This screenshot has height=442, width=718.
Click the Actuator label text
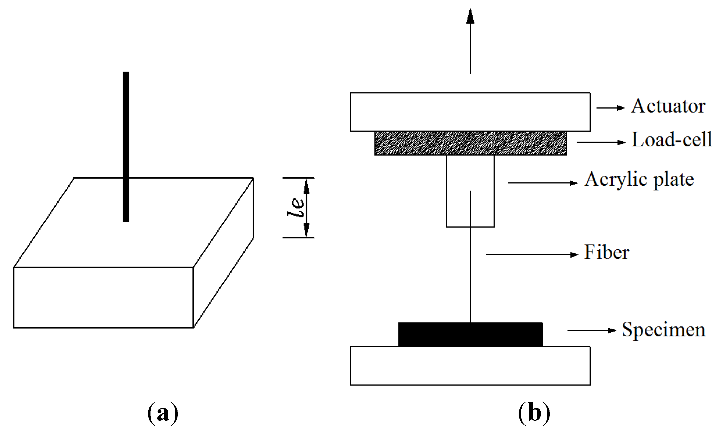pyautogui.click(x=668, y=106)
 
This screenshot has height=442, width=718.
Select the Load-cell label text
pyautogui.click(x=672, y=139)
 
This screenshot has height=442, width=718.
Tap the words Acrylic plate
pyautogui.click(x=639, y=180)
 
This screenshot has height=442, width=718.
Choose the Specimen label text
pyautogui.click(x=663, y=330)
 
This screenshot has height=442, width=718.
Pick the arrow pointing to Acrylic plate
pyautogui.click(x=543, y=183)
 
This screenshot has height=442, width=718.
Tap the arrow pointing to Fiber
pyautogui.click(x=532, y=254)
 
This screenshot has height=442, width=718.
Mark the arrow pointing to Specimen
pyautogui.click(x=592, y=331)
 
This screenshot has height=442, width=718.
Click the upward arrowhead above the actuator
pyautogui.click(x=470, y=16)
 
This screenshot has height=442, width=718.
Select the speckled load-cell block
pyautogui.click(x=471, y=143)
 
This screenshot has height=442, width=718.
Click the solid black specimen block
pyautogui.click(x=471, y=335)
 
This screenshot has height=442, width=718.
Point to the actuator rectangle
pyautogui.click(x=470, y=112)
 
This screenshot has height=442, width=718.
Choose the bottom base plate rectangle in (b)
pyautogui.click(x=470, y=366)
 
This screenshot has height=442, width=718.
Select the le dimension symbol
pyautogui.click(x=296, y=207)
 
